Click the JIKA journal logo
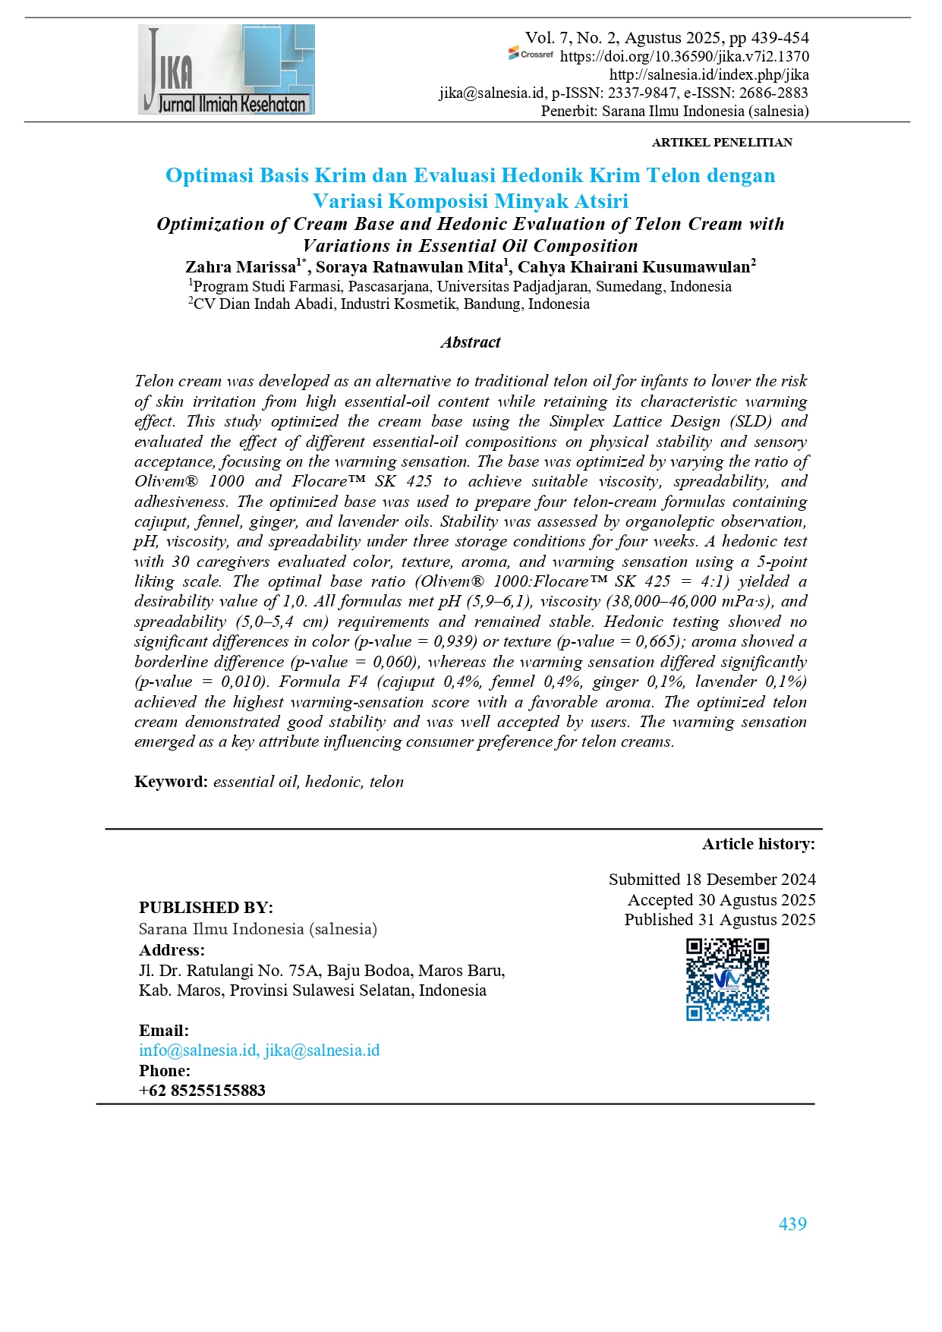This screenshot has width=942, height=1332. (x=226, y=69)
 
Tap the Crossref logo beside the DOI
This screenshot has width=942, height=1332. (x=531, y=55)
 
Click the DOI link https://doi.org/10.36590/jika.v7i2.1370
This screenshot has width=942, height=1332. (x=684, y=56)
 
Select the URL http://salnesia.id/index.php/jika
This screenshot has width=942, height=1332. (x=708, y=74)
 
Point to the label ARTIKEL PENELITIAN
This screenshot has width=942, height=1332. (x=721, y=143)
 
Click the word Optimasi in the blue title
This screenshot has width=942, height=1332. (x=210, y=175)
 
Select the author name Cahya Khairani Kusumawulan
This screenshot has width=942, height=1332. (x=633, y=266)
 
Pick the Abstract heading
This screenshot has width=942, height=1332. (x=470, y=342)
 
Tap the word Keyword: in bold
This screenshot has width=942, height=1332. (x=171, y=782)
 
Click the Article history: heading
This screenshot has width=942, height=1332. (x=758, y=844)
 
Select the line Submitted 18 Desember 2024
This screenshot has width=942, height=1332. (x=711, y=880)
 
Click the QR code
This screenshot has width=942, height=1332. (x=727, y=979)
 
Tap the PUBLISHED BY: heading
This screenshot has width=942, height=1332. (x=206, y=908)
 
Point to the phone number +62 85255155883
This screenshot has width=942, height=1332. (x=202, y=1091)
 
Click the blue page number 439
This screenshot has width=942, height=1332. (x=792, y=1223)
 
